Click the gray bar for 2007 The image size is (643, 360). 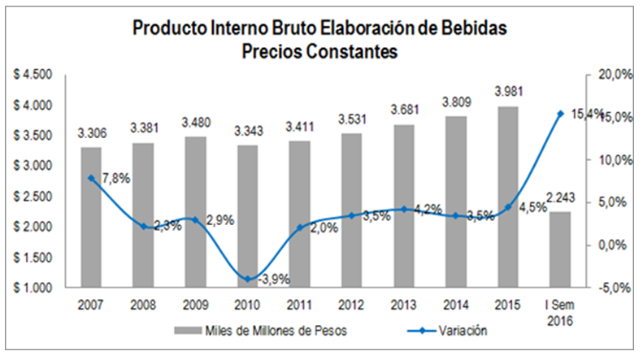click(x=91, y=217)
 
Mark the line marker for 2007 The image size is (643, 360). click(x=91, y=178)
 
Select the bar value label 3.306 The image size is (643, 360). click(x=91, y=132)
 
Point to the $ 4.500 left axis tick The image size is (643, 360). click(x=33, y=75)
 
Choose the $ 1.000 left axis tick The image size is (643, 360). click(x=33, y=288)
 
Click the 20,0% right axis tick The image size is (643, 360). click(x=610, y=75)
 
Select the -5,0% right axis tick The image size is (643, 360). click(x=610, y=288)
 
